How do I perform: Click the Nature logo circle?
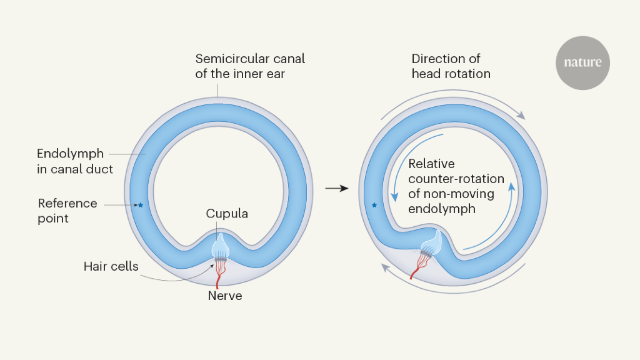click(x=582, y=62)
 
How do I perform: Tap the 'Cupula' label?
click(x=227, y=214)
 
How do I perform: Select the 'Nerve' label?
click(x=225, y=296)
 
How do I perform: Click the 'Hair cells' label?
click(x=111, y=266)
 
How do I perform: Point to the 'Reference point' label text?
click(x=67, y=211)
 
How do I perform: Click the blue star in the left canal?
click(x=141, y=204)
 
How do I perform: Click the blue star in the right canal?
click(x=374, y=204)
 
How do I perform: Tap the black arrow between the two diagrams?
click(x=337, y=187)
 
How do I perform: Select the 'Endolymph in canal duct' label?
click(x=75, y=161)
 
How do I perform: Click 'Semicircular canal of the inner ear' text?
click(x=250, y=66)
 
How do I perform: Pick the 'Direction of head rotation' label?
click(x=451, y=66)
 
